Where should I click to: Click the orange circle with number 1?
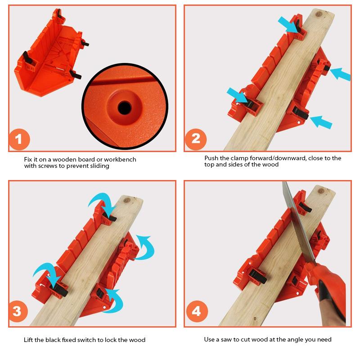coord(19,139)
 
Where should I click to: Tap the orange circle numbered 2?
coord(195,139)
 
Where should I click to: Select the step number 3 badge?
coord(18,311)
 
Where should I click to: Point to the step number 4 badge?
coord(197,311)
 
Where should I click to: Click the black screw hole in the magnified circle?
coord(125,108)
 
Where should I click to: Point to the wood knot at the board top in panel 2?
coord(319,14)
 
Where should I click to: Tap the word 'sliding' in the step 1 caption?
coord(99,166)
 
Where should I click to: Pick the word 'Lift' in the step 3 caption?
coord(28,340)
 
